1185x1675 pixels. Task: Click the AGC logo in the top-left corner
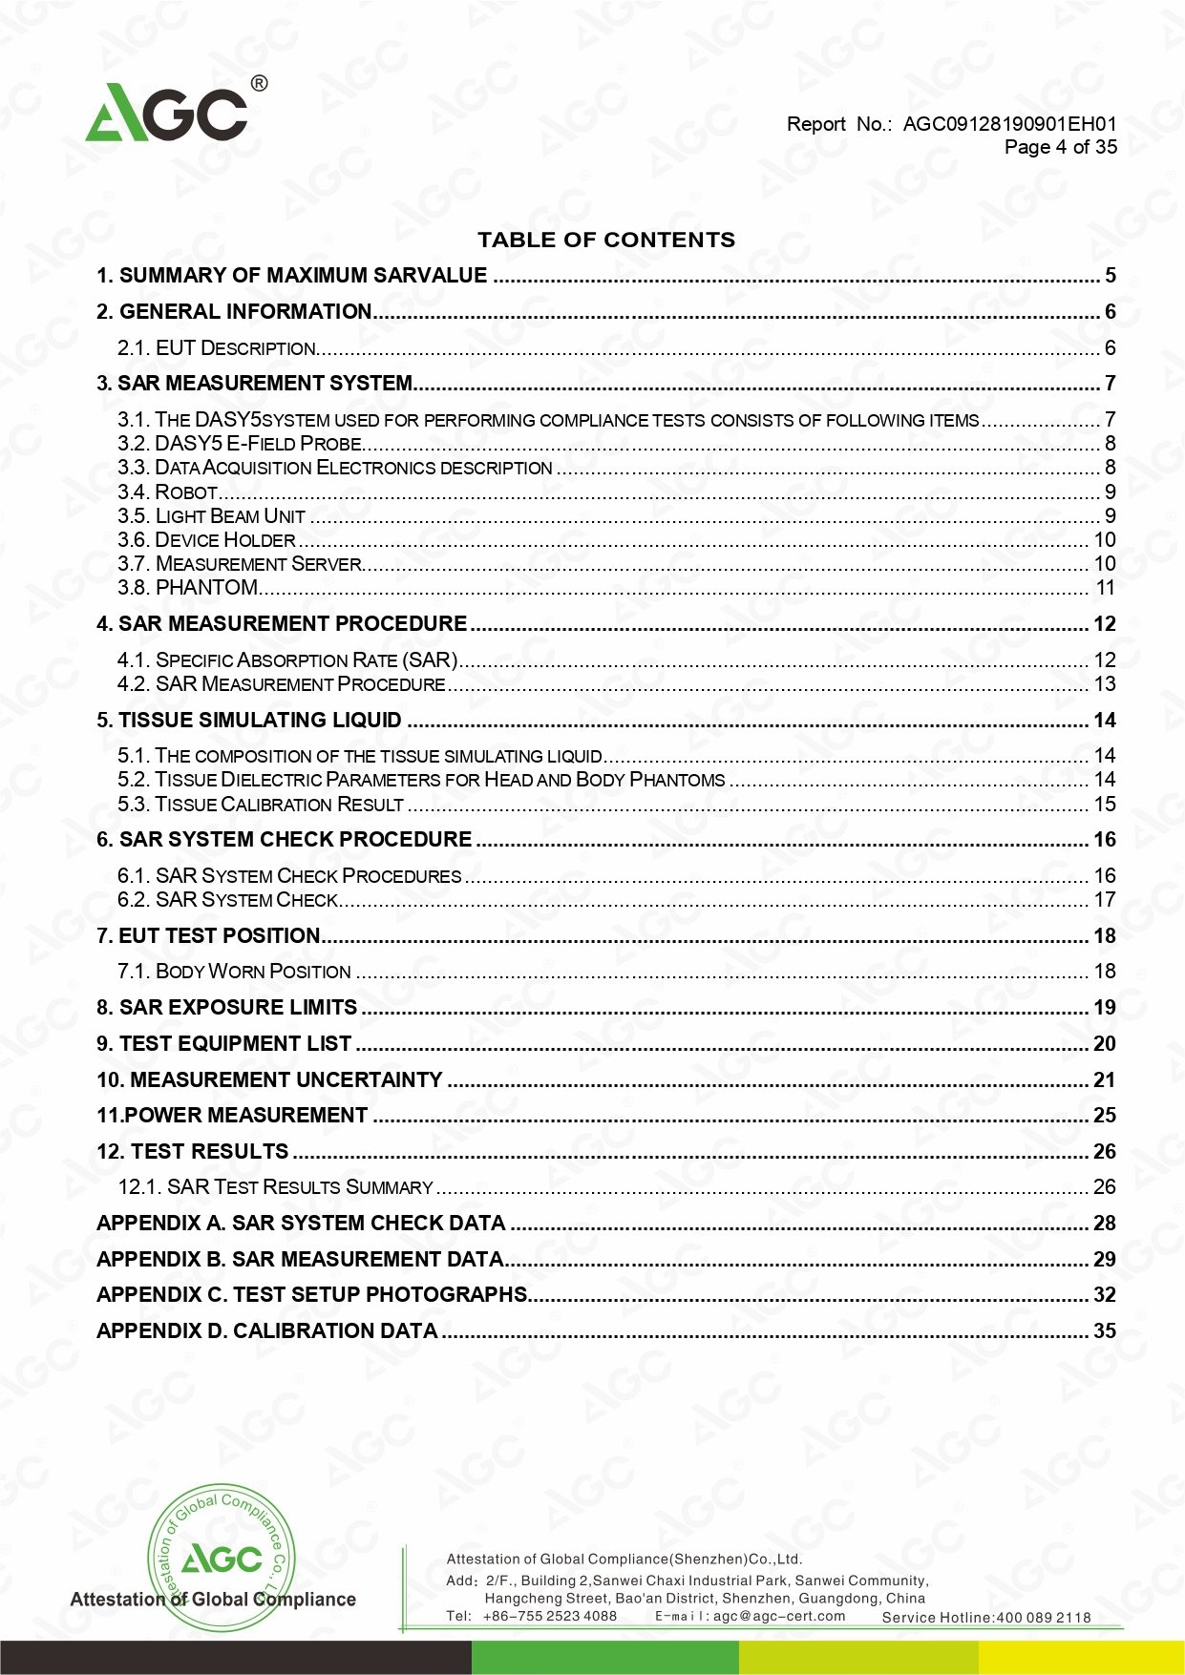(168, 112)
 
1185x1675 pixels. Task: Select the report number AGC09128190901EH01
(1009, 124)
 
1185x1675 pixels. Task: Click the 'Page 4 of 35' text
(1060, 147)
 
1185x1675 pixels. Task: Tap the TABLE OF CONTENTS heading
(606, 240)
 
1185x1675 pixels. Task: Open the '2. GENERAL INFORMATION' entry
(234, 312)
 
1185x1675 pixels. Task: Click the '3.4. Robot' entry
(168, 492)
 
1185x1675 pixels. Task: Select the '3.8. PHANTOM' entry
(188, 588)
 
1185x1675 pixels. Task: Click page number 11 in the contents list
(1105, 588)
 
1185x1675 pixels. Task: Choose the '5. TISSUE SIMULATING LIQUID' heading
(249, 721)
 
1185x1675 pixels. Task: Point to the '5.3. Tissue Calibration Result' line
(261, 805)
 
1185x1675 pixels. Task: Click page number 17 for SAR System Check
(1104, 900)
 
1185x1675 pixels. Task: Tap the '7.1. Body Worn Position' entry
(234, 972)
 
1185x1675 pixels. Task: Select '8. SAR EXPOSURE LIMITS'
(227, 1008)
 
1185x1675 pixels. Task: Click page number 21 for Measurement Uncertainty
(1104, 1080)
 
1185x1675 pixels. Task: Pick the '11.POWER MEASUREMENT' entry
(232, 1116)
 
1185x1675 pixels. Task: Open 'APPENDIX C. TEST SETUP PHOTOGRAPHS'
(312, 1295)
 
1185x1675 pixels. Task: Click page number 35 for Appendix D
(1104, 1331)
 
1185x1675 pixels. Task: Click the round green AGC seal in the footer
(221, 1557)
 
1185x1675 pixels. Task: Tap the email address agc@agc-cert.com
(779, 1616)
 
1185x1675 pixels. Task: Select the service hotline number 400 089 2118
(1043, 1617)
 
